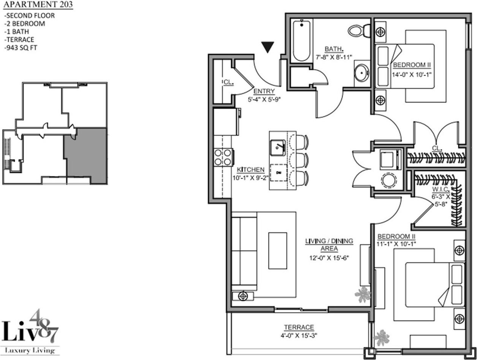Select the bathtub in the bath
pos(301,41)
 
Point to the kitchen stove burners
pos(223,157)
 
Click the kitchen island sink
pos(278,148)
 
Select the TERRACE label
pos(299,327)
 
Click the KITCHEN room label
pos(250,170)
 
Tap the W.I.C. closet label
pos(441,189)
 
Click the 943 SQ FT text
pos(21,48)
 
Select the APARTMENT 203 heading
pos(38,5)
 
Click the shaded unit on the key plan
pos(86,155)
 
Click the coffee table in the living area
pos(278,251)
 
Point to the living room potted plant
pos(363,295)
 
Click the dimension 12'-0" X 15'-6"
pos(329,258)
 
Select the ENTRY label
pos(264,91)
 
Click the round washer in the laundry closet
pos(389,180)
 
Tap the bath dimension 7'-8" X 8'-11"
pos(334,57)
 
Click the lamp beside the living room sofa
pos(243,296)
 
